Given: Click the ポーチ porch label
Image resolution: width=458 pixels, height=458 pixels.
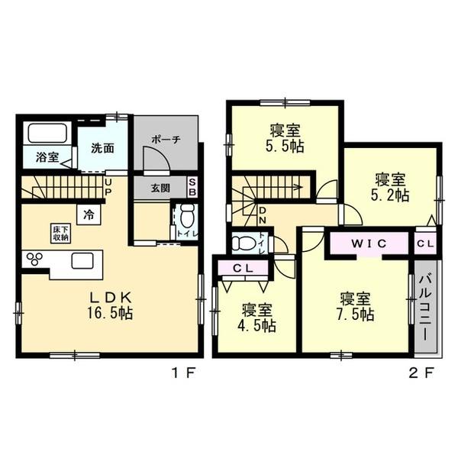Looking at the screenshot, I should (x=166, y=140).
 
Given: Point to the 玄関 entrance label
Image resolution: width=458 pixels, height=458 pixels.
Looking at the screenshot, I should (x=160, y=188).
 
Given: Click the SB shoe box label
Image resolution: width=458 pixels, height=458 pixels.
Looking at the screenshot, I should (x=192, y=187).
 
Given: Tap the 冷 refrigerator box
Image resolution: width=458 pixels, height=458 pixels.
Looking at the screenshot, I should (x=89, y=214).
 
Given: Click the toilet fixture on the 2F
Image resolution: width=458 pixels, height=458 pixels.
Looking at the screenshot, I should (x=244, y=244).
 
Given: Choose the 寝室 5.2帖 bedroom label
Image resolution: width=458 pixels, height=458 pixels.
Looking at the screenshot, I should (x=392, y=187).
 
